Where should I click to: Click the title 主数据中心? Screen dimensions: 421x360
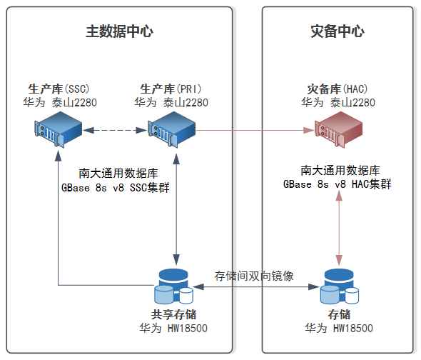[x=119, y=31]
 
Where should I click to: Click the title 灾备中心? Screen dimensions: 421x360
[x=338, y=31]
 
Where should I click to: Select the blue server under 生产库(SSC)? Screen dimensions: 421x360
[x=58, y=129]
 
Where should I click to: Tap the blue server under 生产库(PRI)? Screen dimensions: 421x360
[x=171, y=129]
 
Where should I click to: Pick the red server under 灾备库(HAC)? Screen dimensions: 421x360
[x=338, y=129]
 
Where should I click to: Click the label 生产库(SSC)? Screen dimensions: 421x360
[x=59, y=89]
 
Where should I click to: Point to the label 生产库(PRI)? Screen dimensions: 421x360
[x=171, y=89]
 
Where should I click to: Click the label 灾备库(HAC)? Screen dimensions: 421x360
[x=338, y=89]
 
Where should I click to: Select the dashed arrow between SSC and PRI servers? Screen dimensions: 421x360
[x=115, y=131]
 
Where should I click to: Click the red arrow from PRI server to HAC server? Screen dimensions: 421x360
[x=255, y=131]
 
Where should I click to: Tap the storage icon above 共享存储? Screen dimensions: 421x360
[x=173, y=286]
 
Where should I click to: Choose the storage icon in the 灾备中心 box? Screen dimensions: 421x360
[x=340, y=286]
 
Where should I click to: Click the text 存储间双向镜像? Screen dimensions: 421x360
[x=254, y=276]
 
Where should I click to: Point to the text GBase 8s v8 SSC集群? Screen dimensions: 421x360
[x=116, y=187]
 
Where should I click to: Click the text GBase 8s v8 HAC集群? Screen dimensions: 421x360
[x=338, y=184]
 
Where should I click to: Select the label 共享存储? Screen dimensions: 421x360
[x=173, y=314]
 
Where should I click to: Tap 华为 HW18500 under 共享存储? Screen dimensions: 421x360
[x=173, y=329]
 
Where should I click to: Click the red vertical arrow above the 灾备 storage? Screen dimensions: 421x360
[x=339, y=229]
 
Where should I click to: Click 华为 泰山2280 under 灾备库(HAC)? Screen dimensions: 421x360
[x=338, y=102]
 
